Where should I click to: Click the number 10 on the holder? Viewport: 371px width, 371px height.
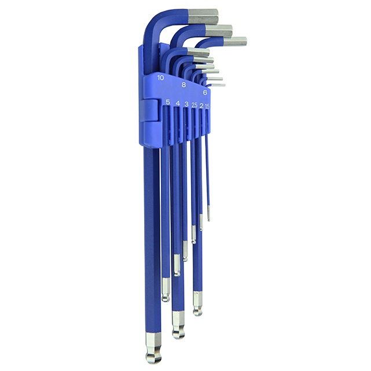click(x=160, y=78)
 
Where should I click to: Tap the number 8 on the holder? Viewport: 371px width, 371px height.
click(x=183, y=85)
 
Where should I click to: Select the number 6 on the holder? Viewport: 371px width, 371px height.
click(x=205, y=92)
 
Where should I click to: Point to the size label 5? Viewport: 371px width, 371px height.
click(x=168, y=102)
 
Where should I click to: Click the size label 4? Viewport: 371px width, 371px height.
click(x=178, y=103)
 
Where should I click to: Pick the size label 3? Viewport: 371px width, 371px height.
click(x=186, y=104)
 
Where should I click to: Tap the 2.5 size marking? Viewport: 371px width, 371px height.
click(x=194, y=105)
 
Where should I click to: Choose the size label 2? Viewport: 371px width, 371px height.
click(x=201, y=106)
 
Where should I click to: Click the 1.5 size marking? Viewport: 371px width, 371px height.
click(x=207, y=106)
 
